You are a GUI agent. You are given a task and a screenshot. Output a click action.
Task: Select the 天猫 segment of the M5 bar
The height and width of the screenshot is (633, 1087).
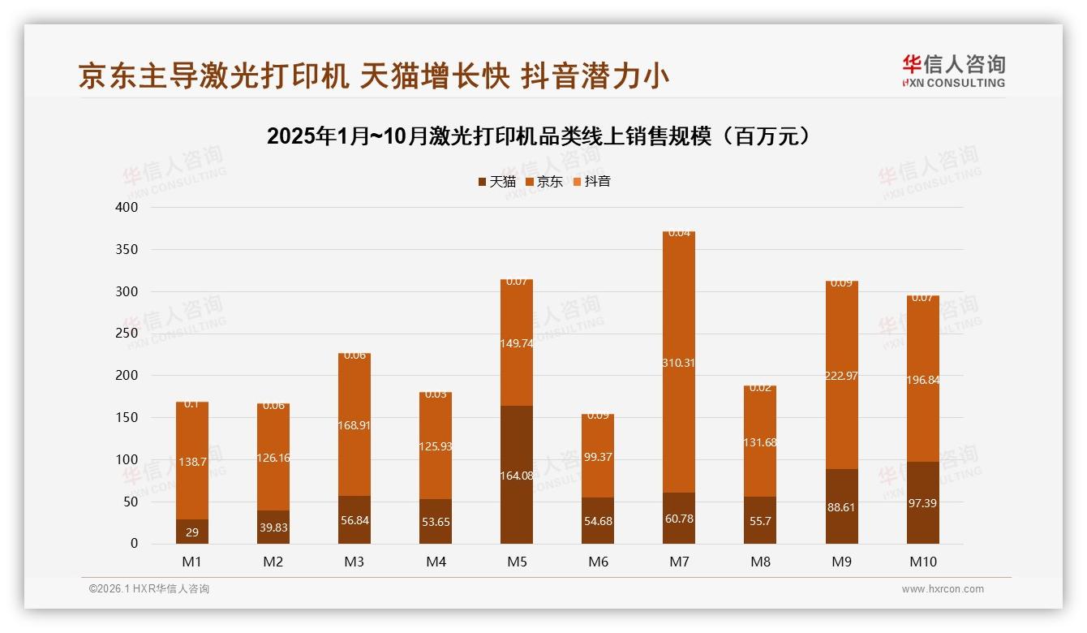coord(517,503)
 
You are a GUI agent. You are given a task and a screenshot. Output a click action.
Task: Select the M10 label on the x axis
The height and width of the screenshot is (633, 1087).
coord(922,562)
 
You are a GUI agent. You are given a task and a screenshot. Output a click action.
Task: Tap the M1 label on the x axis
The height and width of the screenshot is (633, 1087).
coord(192,562)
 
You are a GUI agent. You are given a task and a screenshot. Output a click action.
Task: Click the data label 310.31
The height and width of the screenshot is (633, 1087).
coord(679,363)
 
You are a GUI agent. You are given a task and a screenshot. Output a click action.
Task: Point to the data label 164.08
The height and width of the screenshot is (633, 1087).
coord(517,476)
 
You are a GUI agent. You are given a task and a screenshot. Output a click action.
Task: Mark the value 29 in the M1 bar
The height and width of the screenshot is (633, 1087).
coord(192,532)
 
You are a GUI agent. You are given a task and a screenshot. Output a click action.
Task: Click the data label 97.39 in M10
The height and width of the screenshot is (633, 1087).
coord(922,504)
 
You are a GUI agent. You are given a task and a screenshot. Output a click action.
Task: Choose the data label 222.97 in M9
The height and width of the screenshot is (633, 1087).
coord(841,376)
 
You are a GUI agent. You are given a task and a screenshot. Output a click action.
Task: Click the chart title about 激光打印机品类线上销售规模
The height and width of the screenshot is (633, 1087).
coord(539,136)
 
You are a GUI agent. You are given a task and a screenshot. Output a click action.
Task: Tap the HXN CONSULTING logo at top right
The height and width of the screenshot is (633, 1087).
coord(953,71)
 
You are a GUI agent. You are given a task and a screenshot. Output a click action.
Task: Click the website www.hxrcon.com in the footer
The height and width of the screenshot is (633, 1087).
coord(943,589)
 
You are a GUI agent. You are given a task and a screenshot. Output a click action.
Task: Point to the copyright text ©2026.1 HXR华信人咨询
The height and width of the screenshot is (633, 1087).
coord(149,589)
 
